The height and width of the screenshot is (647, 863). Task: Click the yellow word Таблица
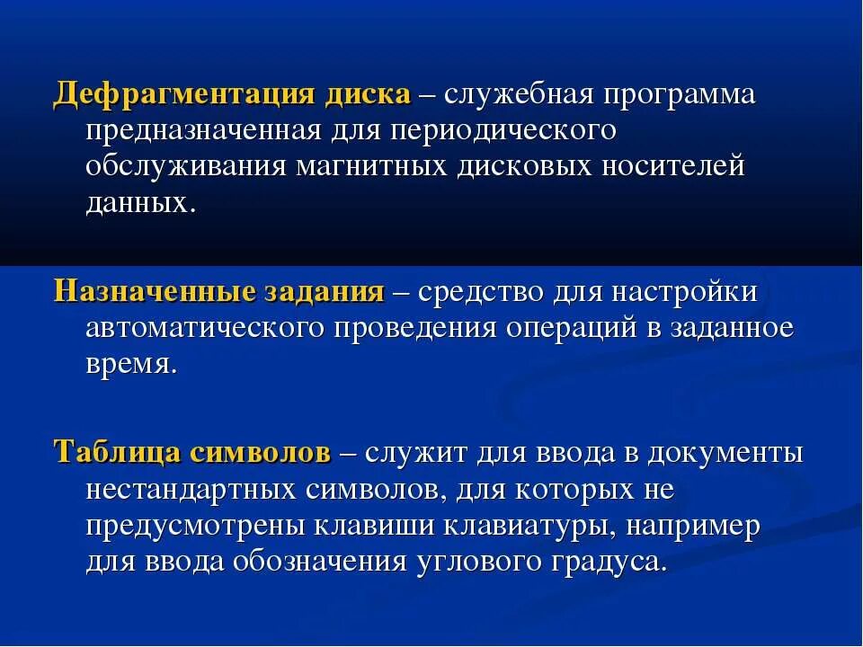117,453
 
